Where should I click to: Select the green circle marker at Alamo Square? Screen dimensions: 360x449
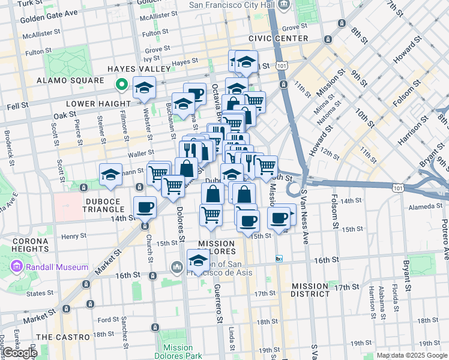[121, 85]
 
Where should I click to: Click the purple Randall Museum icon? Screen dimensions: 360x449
[16, 266]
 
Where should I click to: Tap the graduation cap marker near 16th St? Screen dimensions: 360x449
[198, 262]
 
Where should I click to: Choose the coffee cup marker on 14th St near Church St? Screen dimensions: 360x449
[144, 208]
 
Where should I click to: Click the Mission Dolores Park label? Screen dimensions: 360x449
[178, 352]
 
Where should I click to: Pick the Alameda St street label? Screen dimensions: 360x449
[426, 206]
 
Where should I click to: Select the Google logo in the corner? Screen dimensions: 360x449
[20, 353]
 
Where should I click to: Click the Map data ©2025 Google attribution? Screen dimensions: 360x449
[412, 355]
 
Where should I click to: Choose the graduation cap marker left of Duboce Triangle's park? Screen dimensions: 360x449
[110, 176]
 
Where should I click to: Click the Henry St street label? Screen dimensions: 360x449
[74, 236]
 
